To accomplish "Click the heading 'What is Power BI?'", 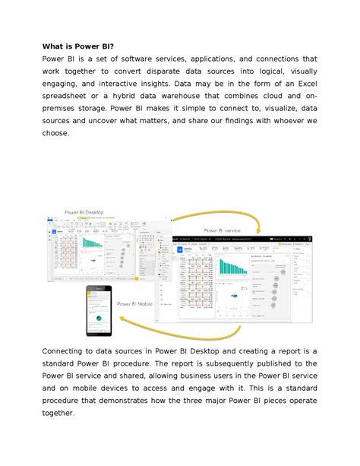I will point(78,45).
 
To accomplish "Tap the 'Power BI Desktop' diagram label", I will point(84,212).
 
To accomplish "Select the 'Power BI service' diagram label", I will point(222,230).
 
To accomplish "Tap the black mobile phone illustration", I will point(98,310).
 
